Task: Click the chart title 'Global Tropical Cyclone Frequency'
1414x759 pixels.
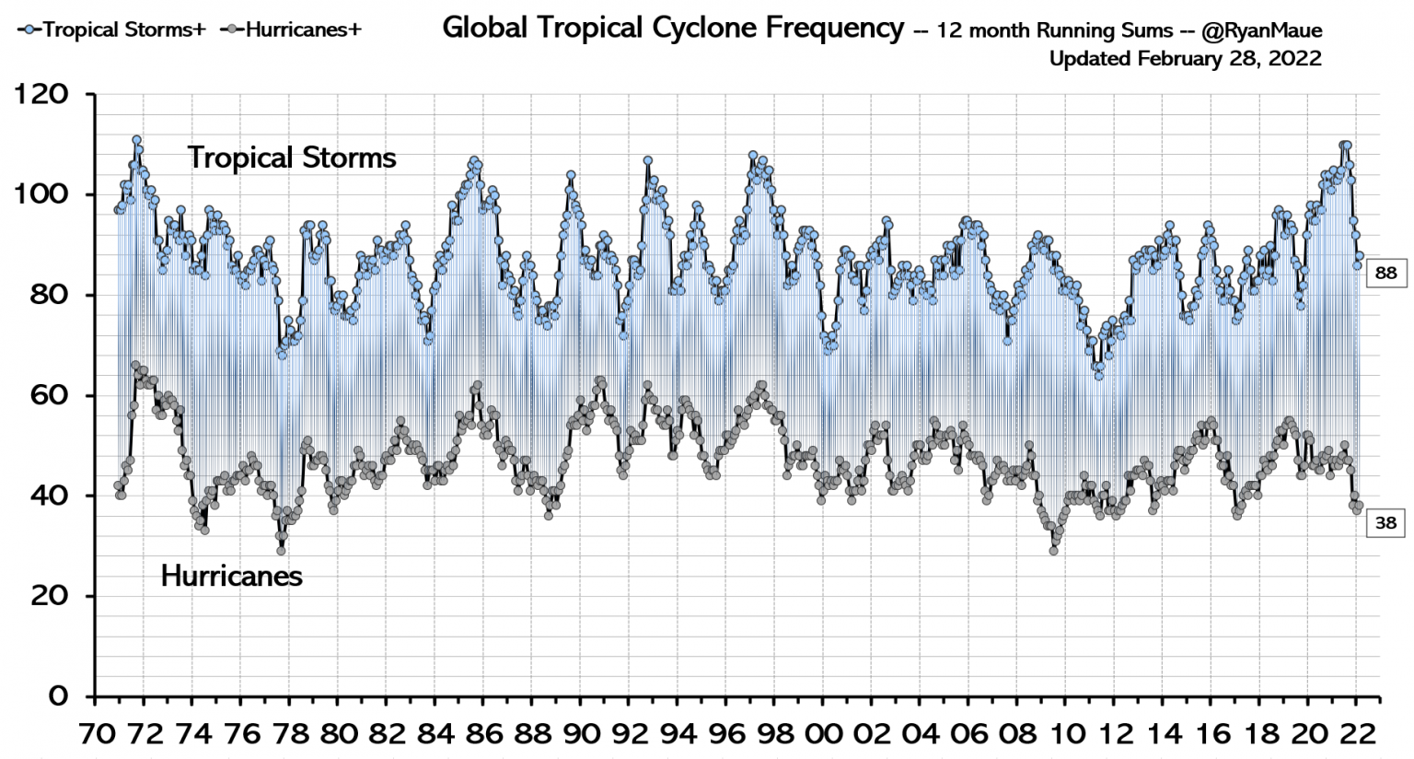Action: point(673,28)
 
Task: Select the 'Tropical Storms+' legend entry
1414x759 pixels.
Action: point(112,29)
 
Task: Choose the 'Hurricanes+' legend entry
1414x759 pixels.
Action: point(292,29)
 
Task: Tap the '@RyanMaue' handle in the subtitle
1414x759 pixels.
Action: point(1261,30)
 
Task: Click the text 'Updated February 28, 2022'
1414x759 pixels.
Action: point(1185,59)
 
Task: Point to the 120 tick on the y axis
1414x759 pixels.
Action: point(42,94)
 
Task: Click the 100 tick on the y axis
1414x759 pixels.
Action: point(42,194)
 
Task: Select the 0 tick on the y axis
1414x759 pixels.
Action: point(59,695)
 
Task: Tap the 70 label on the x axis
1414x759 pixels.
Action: point(95,734)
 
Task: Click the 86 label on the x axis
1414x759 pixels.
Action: point(483,734)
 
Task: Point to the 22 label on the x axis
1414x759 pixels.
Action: point(1357,734)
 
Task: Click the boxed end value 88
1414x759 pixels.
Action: point(1385,273)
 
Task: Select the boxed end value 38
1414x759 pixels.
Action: point(1385,522)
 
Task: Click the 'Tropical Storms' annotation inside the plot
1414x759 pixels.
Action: point(292,158)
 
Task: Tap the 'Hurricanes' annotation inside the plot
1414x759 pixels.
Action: point(231,576)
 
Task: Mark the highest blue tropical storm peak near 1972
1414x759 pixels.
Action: point(136,140)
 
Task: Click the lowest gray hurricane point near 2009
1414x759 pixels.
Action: point(1053,550)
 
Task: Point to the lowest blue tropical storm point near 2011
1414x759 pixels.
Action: point(1098,375)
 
